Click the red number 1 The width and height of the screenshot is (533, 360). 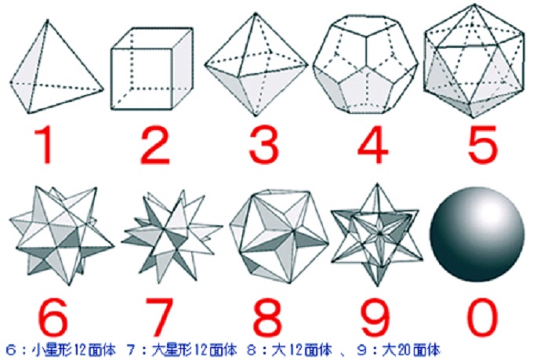46,145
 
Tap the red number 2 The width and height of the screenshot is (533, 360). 155,145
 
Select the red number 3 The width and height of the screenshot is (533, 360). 264,145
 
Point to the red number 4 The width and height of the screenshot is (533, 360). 373,145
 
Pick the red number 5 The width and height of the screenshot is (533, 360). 482,145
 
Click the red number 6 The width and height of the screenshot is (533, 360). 53,317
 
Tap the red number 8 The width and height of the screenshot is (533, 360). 267,317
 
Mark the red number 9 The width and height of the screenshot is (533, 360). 375,317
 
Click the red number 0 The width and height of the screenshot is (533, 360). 482,317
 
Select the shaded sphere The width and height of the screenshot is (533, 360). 477,234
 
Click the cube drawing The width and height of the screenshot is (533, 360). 152,68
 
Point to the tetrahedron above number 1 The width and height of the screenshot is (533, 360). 56,67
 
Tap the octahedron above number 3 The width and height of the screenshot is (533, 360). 256,64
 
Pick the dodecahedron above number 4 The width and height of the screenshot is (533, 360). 365,64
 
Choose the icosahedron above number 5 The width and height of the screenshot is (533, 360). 474,61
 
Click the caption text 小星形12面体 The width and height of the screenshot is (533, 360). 74,350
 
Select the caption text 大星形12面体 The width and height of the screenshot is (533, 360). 194,350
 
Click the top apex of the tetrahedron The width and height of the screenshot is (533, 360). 47,20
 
